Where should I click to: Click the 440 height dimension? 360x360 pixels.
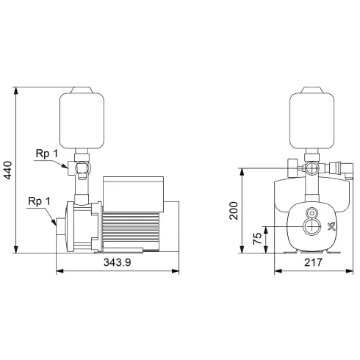pyautogui.click(x=7, y=172)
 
